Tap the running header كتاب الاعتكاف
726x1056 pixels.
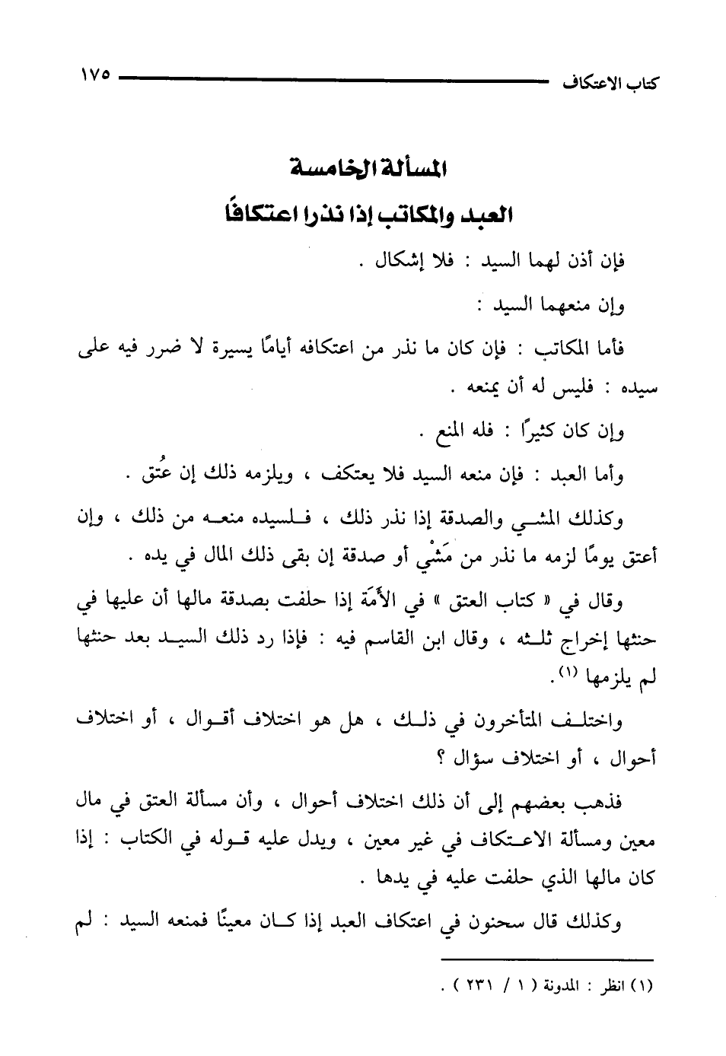coord(609,81)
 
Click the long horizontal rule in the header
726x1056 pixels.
coord(334,77)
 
